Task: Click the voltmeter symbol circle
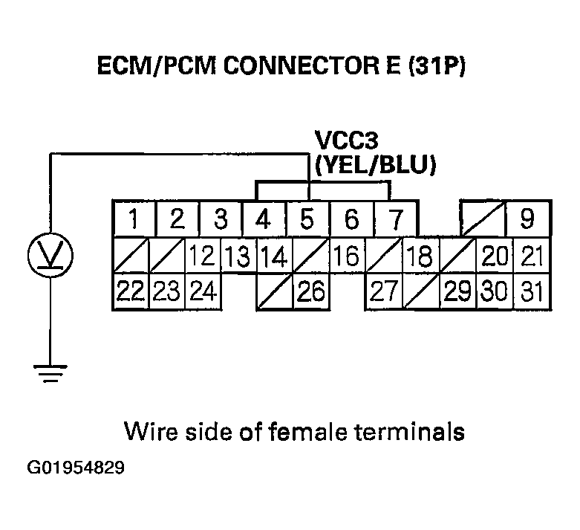50,255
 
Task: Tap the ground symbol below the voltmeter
50,372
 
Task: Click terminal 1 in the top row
133,219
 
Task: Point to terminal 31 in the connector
532,291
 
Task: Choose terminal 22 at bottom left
131,291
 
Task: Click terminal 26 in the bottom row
312,291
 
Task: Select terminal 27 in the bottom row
382,291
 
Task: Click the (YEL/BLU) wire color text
374,165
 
